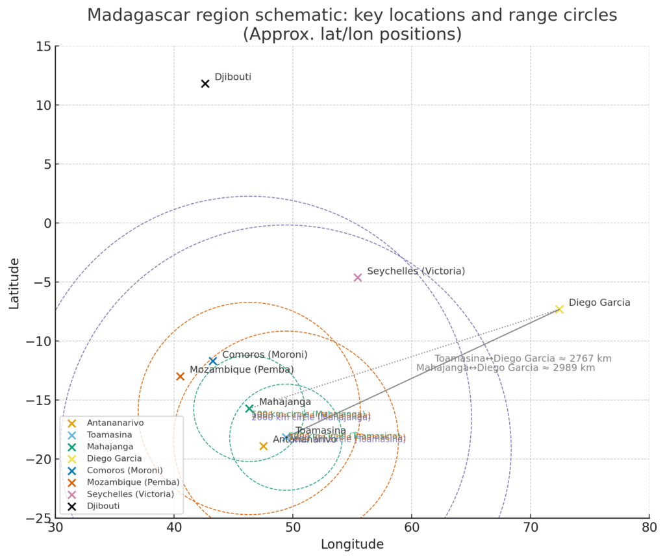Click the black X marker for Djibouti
205,84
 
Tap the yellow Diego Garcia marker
559,310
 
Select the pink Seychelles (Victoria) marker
358,277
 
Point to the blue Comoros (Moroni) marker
213,361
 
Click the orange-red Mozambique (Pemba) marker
180,377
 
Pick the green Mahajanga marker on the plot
249,408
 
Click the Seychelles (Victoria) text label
416,271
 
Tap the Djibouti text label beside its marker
232,77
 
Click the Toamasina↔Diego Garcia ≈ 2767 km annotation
523,359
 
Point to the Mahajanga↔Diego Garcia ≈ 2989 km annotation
505,368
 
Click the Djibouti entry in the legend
103,506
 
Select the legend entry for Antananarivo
115,423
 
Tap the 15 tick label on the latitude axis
43,46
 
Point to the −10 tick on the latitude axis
40,342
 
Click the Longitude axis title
352,544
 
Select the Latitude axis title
14,282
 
